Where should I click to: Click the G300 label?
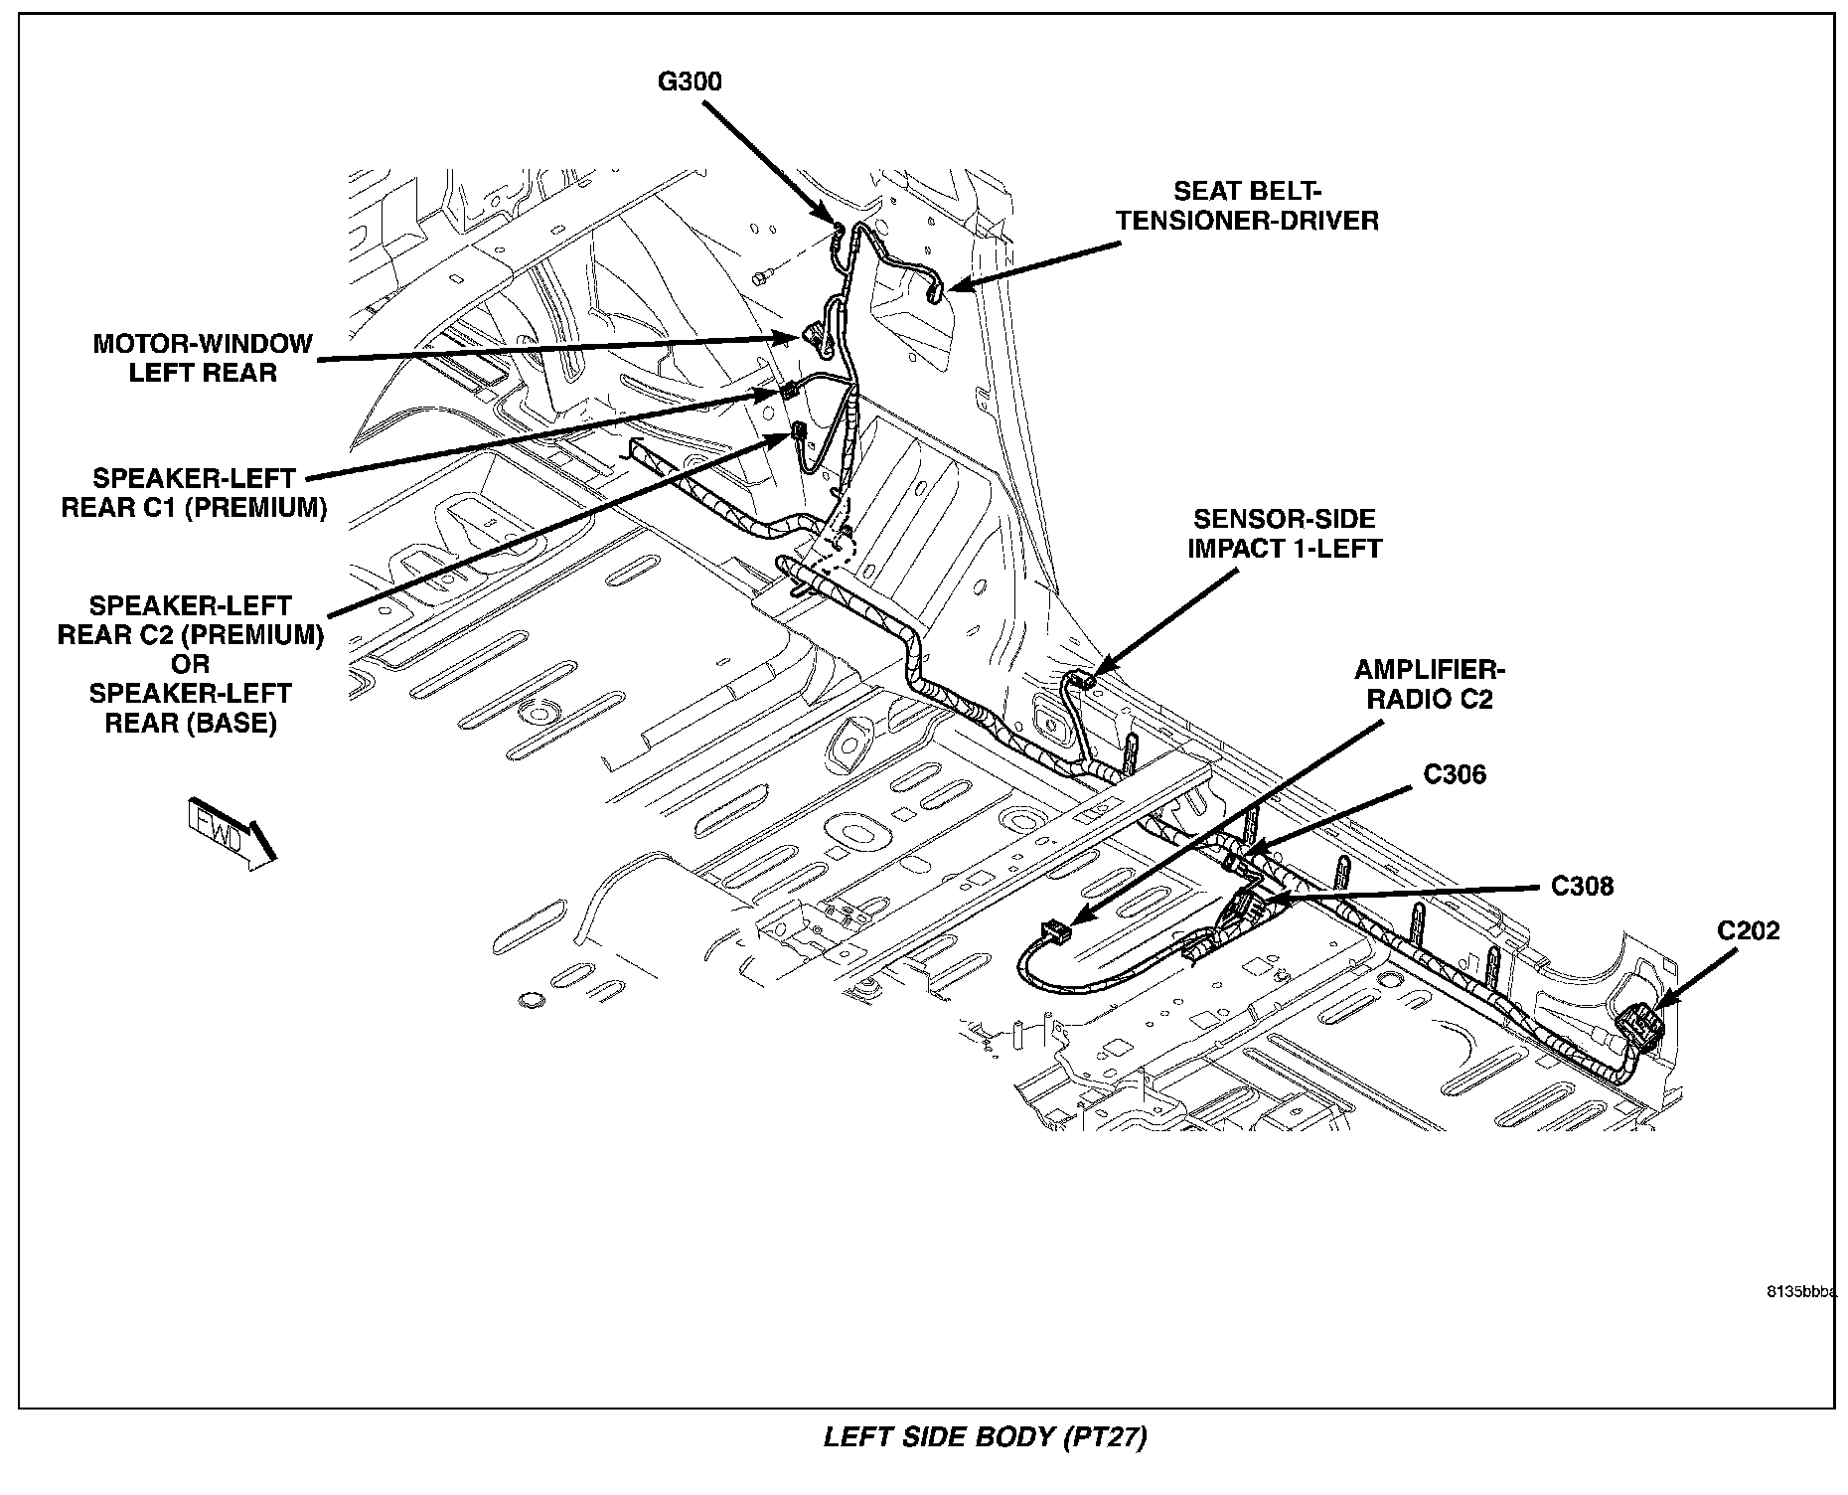pos(690,82)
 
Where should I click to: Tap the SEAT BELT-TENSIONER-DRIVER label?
pos(1248,206)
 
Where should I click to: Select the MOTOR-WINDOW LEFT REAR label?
pos(203,358)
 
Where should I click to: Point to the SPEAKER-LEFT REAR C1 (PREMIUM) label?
pos(194,493)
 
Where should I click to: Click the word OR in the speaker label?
pos(190,664)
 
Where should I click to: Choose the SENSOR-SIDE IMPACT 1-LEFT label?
pos(1285,534)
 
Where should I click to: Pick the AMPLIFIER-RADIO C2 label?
pos(1430,685)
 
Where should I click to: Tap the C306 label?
pos(1455,774)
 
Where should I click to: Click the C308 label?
pos(1582,886)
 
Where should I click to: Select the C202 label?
pos(1749,931)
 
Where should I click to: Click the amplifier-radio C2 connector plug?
pos(1055,932)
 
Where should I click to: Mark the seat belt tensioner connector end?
pos(934,292)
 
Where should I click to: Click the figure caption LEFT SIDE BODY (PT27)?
pos(985,1437)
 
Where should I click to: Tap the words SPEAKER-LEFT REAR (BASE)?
pos(190,708)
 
